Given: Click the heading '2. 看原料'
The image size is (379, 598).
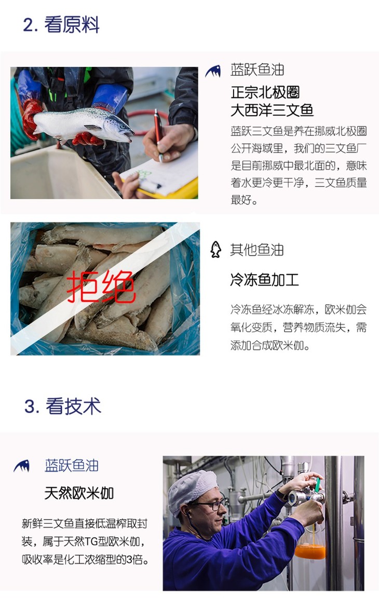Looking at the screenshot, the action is point(61,25).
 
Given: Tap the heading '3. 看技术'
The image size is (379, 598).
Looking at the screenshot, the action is point(63,406).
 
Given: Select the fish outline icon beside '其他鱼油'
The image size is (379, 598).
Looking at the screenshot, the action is point(216,250).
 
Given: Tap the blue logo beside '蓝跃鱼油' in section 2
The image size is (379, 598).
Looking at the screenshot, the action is point(213,71).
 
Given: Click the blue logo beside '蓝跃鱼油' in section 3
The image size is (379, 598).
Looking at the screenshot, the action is point(22,466).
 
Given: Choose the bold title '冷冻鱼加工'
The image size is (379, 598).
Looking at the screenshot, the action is point(264,280).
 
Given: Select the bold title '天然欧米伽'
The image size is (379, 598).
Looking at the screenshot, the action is point(79,493).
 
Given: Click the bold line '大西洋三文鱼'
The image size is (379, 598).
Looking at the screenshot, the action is point(272,110).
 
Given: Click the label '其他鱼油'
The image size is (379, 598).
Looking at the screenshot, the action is point(256,250).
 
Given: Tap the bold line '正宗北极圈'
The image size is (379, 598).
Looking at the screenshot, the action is point(265,92).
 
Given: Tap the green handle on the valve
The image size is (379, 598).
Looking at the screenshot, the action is point(317,484).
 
